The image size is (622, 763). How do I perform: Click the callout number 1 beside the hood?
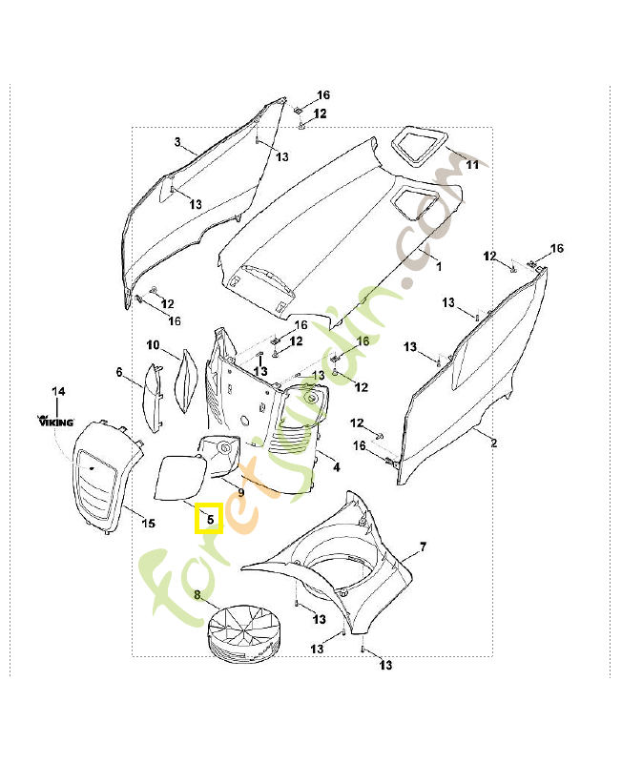pos(440,266)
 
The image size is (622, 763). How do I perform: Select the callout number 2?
pos(494,443)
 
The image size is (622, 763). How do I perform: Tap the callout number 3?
pos(177,142)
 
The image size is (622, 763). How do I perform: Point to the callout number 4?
pos(336,466)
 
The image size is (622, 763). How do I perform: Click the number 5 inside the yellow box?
pos(209,520)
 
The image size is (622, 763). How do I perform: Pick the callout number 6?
pos(120,371)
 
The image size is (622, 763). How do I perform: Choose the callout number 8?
pos(197,595)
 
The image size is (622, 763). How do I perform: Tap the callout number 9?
pos(241,492)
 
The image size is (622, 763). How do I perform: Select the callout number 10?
pos(153,343)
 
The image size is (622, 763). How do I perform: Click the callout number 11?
pos(471,164)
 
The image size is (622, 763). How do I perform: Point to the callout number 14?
pos(58,391)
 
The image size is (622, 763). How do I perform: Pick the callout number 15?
pos(148,522)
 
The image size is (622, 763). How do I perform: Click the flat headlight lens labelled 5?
pos(179,477)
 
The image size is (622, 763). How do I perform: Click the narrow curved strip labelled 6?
pos(150,396)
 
